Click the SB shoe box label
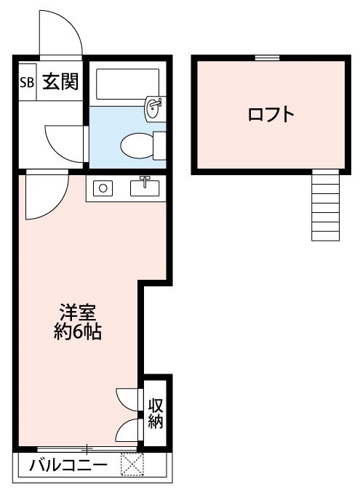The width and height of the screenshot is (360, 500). point(26,81)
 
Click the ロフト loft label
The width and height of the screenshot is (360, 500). point(271,115)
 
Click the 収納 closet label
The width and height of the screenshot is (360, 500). point(156,414)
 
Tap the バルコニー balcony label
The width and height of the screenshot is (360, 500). point(68,465)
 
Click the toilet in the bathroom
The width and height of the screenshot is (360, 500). point(137,144)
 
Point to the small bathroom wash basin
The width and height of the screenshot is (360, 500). point(154,109)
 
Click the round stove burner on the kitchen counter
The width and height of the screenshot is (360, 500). point(103,188)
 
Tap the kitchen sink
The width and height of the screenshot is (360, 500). point(144,187)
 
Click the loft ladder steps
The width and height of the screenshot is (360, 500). point(325,206)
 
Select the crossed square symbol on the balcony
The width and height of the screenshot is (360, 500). point(132,464)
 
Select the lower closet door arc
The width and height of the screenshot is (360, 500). point(127,430)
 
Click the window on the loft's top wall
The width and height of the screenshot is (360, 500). point(268,57)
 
